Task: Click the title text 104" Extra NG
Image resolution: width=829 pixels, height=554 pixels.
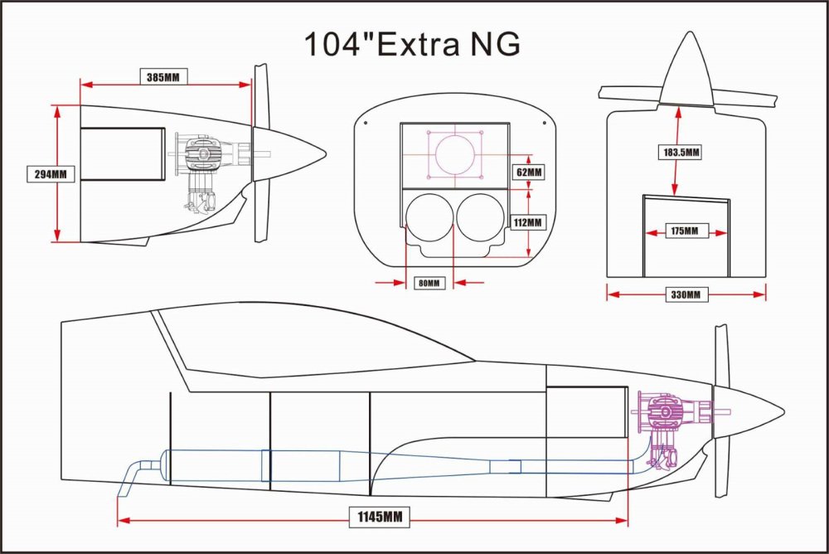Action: click(x=412, y=44)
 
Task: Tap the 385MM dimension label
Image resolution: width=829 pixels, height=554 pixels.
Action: click(x=162, y=77)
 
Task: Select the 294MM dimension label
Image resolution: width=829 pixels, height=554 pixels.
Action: click(x=51, y=173)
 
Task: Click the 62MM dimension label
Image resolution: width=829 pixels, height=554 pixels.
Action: click(x=529, y=172)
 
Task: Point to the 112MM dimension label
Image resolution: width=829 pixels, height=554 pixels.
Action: click(x=527, y=222)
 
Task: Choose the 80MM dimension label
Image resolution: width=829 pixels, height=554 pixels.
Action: click(x=429, y=283)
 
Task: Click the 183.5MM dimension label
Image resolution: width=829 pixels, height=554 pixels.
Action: click(x=681, y=153)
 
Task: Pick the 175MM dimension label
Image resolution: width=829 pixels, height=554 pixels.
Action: click(x=684, y=231)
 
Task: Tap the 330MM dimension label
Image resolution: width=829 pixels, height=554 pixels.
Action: click(x=686, y=294)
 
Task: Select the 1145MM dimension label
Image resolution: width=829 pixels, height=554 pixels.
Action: click(x=380, y=517)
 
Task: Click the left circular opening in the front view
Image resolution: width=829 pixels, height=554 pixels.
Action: click(x=429, y=217)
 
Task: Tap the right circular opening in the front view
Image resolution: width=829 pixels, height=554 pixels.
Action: click(x=480, y=217)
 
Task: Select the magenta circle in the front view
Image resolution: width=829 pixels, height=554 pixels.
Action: click(x=454, y=154)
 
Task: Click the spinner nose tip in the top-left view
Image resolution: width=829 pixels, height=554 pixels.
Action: click(x=325, y=154)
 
